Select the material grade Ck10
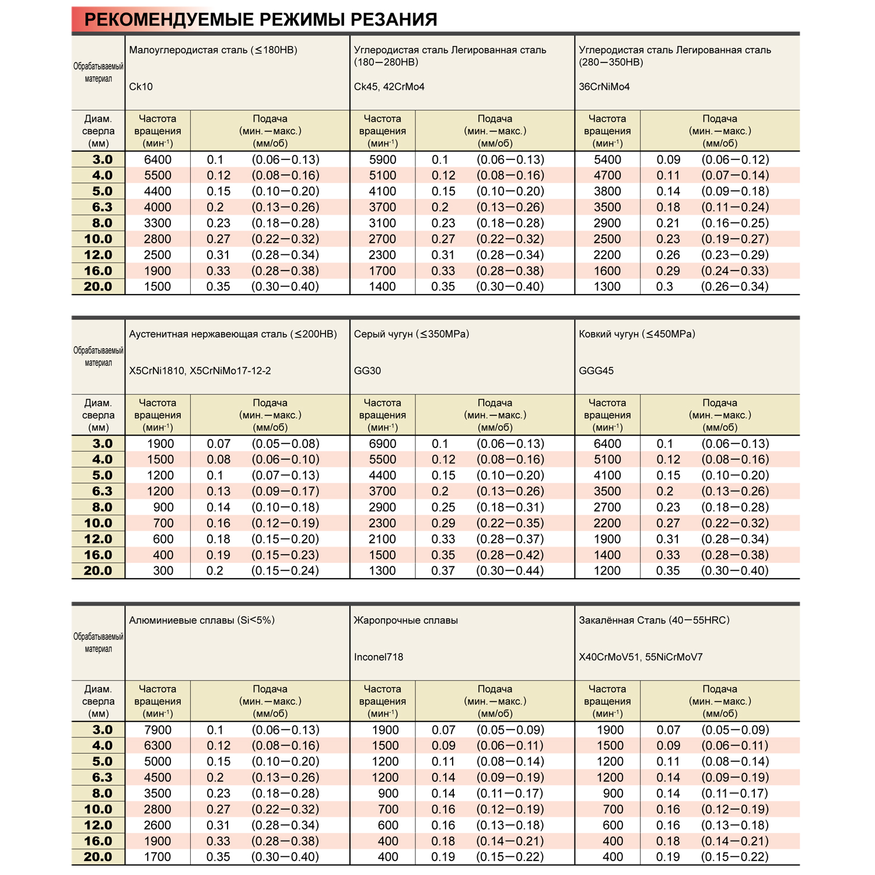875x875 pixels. pos(141,87)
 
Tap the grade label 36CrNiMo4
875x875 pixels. pos(604,87)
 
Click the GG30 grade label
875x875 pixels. pos(367,371)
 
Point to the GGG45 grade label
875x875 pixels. pos(596,371)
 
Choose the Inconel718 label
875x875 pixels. pos(379,657)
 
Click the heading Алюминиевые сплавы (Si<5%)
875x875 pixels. pos(202,621)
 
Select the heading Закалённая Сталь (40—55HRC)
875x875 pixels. pos(654,621)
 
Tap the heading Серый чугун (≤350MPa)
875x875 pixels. pos(411,334)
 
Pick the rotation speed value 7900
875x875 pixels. pos(157,730)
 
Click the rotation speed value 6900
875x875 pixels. pos(383,444)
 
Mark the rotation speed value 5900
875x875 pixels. pos(383,160)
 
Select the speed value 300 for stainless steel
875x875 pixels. pos(163,571)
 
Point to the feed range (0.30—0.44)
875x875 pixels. pos(510,571)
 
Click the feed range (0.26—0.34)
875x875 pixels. pos(734,287)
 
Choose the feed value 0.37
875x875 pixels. pos(443,571)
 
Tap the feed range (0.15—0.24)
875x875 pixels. pos(285,571)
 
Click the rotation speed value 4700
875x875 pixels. pos(607,176)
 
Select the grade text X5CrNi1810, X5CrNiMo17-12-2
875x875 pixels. pos(200,371)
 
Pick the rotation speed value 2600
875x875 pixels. pos(157,825)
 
